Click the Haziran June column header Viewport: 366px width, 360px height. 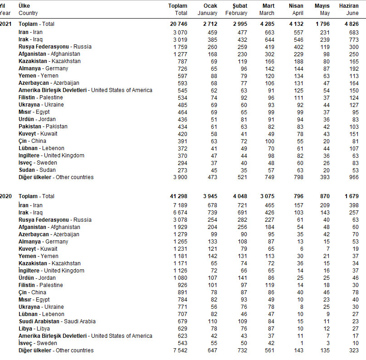[x=349, y=10]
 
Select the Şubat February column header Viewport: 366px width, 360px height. [x=236, y=10]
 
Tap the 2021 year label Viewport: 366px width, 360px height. [x=5, y=24]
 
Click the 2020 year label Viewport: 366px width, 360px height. [x=5, y=196]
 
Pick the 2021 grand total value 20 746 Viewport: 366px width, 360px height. [x=178, y=24]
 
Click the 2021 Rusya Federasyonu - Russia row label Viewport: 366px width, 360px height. [x=55, y=47]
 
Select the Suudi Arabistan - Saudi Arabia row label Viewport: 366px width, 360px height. [x=57, y=321]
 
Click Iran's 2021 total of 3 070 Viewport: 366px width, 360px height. [x=180, y=32]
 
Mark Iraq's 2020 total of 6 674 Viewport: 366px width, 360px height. [x=180, y=213]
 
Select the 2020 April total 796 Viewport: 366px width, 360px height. [x=298, y=196]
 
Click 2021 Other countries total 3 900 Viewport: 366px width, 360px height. [x=180, y=177]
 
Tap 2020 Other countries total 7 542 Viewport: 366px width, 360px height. [x=180, y=350]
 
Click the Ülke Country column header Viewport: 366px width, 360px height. [x=28, y=10]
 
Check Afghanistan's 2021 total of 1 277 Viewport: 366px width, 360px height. [x=180, y=54]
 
